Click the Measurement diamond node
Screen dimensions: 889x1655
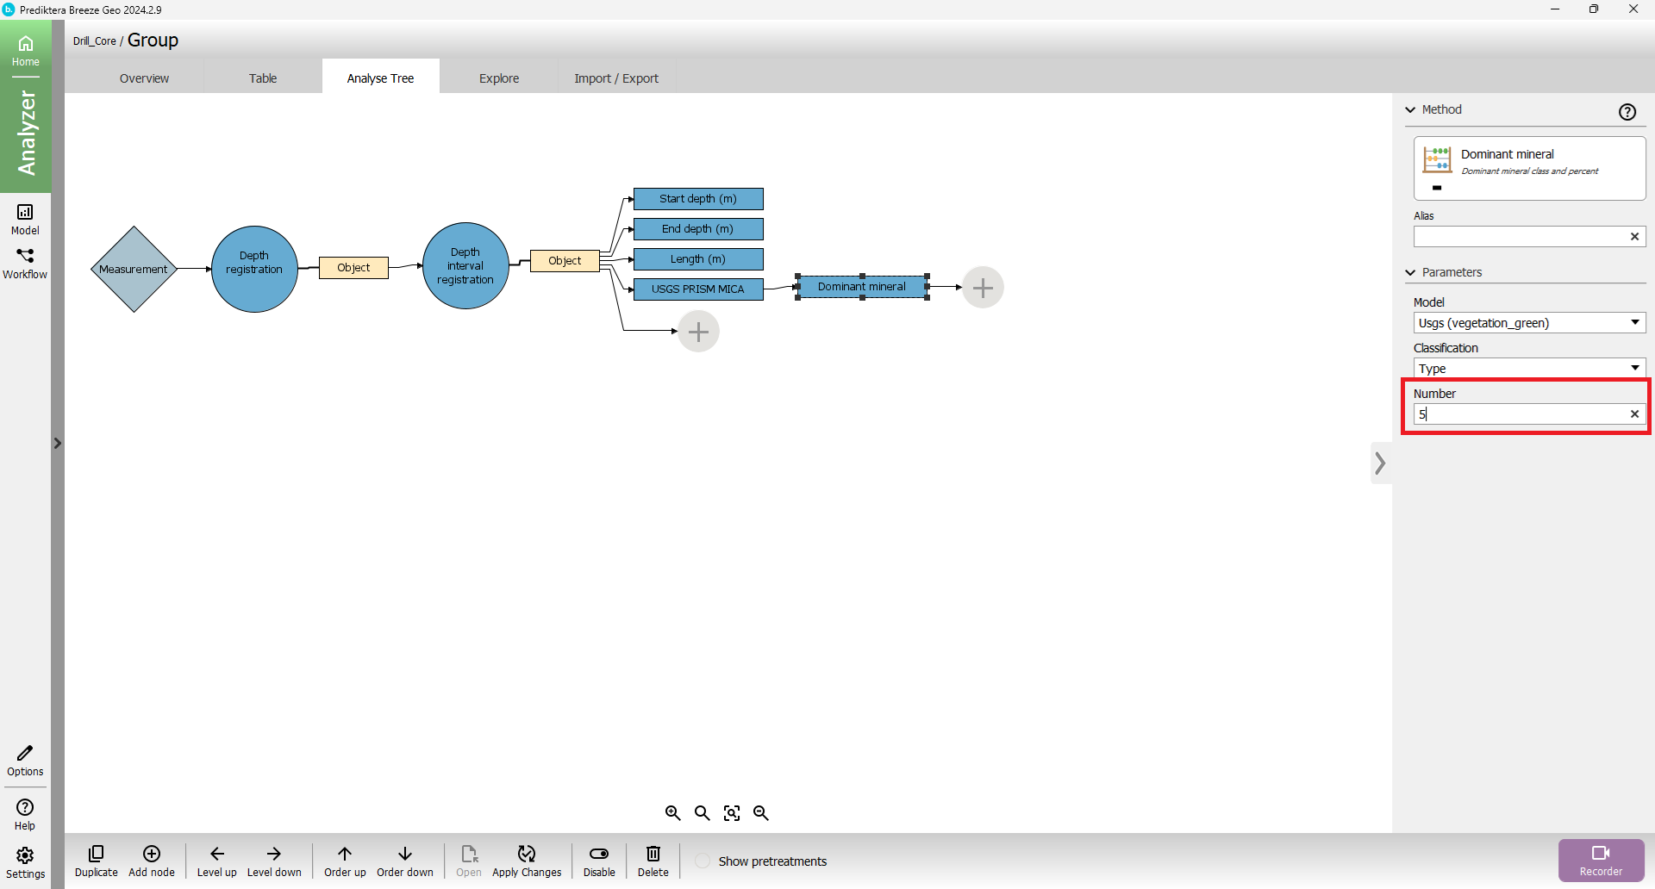(134, 270)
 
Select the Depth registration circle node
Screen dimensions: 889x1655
(254, 269)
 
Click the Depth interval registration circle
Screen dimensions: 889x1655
(465, 265)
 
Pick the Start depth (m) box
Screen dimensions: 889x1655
(698, 199)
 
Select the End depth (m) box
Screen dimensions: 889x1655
(698, 229)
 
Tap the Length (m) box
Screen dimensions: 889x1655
(698, 259)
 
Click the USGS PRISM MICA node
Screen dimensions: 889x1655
(698, 289)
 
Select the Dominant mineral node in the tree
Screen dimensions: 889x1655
(862, 287)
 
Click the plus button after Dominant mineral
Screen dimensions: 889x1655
(983, 288)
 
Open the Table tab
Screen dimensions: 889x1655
(263, 78)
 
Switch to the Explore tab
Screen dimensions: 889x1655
(499, 78)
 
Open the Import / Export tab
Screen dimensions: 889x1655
(616, 78)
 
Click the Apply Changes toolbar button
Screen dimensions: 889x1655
(527, 861)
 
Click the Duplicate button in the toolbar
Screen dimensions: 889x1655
(97, 861)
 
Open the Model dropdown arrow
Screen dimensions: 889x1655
(1634, 322)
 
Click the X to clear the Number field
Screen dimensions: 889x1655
(1634, 414)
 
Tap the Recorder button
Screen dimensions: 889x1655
(1601, 860)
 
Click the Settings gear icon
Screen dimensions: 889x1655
(25, 861)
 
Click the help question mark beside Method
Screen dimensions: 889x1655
(1627, 112)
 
